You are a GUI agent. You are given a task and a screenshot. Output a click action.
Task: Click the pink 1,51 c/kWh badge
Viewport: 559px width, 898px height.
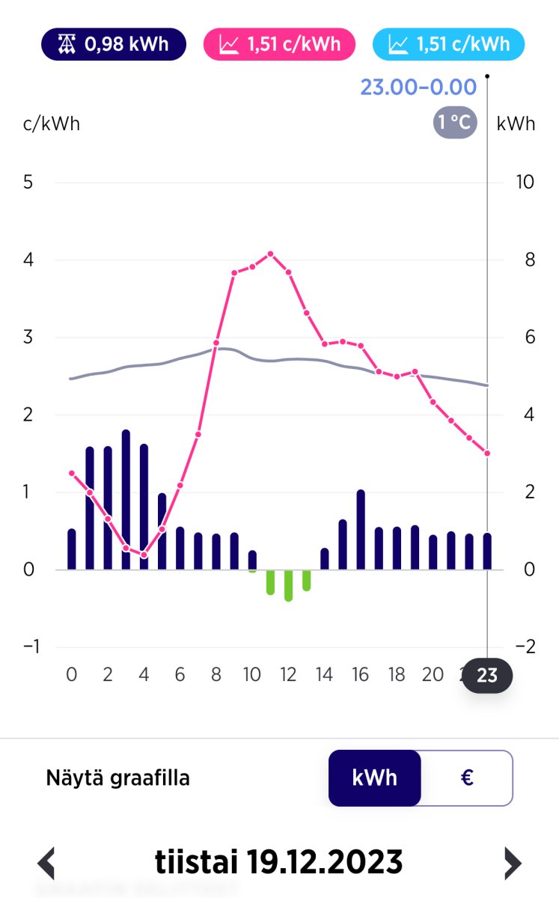(x=279, y=44)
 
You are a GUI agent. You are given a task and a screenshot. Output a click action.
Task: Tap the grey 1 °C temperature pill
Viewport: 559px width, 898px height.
(x=454, y=122)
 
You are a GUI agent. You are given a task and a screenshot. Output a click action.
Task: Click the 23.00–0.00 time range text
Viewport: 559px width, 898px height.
(x=418, y=88)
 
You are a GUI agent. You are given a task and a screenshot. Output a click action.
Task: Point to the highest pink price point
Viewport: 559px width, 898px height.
(x=270, y=254)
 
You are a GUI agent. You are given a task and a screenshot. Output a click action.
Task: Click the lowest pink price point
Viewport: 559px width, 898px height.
(x=144, y=555)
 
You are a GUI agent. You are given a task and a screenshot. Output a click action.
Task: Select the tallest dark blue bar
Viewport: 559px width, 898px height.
(x=126, y=499)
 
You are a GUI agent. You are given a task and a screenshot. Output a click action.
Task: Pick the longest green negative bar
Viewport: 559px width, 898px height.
(x=288, y=585)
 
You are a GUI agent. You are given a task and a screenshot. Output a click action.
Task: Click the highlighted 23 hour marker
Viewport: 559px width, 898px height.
(x=487, y=676)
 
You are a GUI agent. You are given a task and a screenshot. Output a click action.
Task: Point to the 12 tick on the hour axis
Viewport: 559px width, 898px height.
(x=289, y=675)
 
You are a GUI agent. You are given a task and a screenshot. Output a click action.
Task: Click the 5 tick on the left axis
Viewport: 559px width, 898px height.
(x=28, y=183)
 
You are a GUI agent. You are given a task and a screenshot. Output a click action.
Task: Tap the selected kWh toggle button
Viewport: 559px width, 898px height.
(x=375, y=778)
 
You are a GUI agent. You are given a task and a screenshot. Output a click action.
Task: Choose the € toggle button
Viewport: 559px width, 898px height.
(x=467, y=778)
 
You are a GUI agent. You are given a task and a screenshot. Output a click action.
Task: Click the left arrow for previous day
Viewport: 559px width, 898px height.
(x=46, y=863)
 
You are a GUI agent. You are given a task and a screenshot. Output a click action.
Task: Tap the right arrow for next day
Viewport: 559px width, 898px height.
(x=512, y=863)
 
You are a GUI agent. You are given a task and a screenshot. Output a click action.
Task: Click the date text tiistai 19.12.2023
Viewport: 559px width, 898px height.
(x=278, y=862)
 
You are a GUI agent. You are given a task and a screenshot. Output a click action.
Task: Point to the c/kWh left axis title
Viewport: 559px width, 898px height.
(x=52, y=123)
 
